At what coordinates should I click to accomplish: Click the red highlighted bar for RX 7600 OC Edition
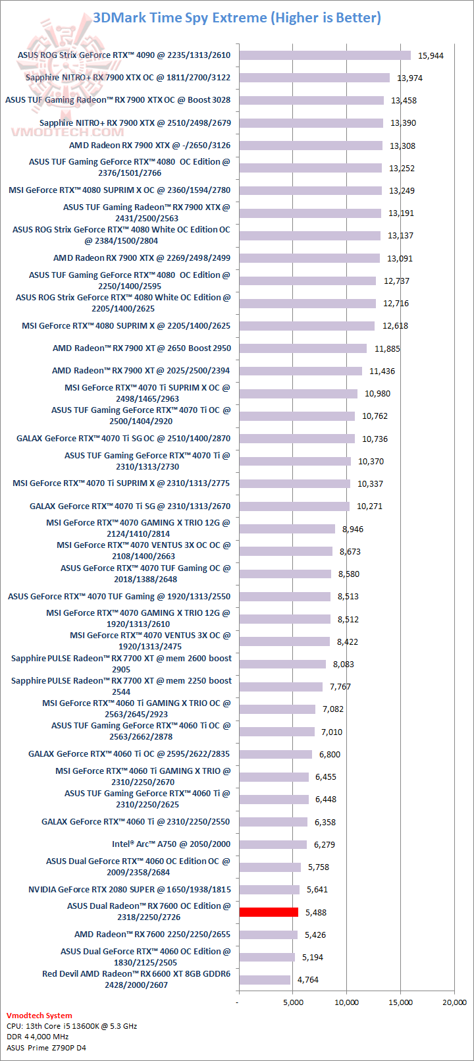pyautogui.click(x=269, y=912)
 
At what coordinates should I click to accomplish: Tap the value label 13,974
pyautogui.click(x=409, y=78)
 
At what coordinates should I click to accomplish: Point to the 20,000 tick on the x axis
pyautogui.click(x=454, y=1002)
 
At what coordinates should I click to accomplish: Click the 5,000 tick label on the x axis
pyautogui.click(x=294, y=1002)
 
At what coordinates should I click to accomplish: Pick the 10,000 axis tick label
pyautogui.click(x=347, y=1002)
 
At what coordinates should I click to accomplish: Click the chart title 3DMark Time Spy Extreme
pyautogui.click(x=237, y=18)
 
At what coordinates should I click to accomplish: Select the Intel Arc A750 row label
pyautogui.click(x=171, y=844)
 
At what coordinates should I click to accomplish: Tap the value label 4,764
pyautogui.click(x=307, y=980)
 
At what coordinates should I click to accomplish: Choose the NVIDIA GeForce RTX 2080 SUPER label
pyautogui.click(x=129, y=890)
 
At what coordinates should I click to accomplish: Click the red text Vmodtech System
pyautogui.click(x=39, y=1016)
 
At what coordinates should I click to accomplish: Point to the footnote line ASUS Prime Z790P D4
pyautogui.click(x=46, y=1048)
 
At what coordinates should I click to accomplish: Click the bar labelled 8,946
pyautogui.click(x=287, y=529)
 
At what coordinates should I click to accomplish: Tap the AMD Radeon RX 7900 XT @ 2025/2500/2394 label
pyautogui.click(x=141, y=371)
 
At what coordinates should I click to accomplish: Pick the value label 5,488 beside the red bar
pyautogui.click(x=315, y=913)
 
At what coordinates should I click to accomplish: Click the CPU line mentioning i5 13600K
pyautogui.click(x=72, y=1026)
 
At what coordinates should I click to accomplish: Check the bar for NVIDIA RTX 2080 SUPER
pyautogui.click(x=269, y=890)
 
